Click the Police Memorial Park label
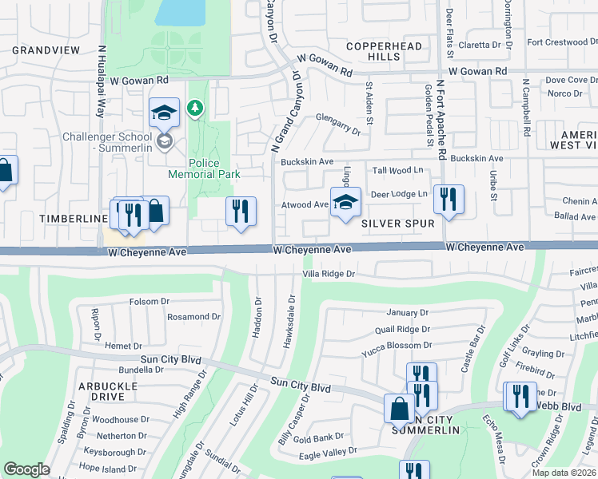click(204, 168)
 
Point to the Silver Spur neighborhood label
click(397, 224)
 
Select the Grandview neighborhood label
click(46, 49)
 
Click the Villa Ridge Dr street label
click(339, 274)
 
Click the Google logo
click(26, 469)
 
